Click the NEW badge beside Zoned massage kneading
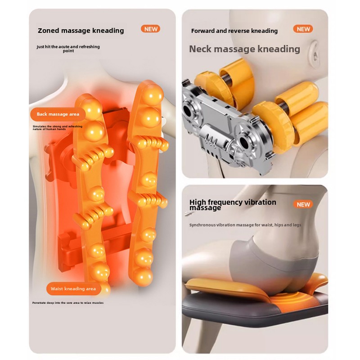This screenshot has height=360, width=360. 150,29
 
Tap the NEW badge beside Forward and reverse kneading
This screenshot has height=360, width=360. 303,29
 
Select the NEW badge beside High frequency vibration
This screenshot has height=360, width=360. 303,204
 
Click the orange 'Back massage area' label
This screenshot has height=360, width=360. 58,114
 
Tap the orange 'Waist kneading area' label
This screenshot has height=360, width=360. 73,288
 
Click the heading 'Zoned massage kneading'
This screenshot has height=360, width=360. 81,31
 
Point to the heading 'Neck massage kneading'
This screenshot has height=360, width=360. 244,49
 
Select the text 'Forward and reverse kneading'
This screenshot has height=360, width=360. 234,31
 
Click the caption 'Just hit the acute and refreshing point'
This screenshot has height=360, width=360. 68,49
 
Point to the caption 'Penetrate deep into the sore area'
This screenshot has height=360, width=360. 68,303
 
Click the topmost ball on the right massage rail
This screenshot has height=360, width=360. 153,94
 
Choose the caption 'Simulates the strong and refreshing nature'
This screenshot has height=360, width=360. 58,128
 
